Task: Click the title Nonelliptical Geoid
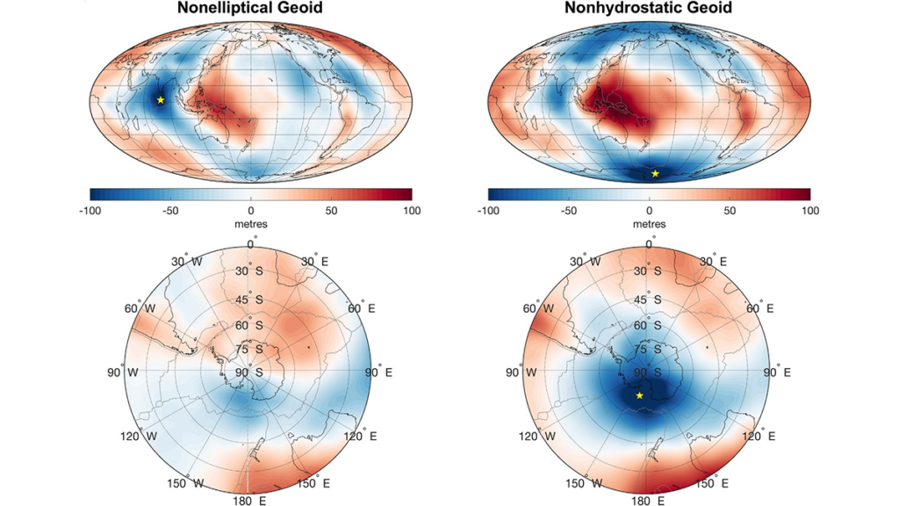[x=250, y=9]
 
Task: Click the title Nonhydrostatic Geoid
[x=649, y=9]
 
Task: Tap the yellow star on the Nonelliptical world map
[x=161, y=100]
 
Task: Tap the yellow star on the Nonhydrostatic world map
[x=655, y=174]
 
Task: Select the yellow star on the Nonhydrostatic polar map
[x=639, y=396]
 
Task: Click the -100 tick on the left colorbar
[x=90, y=211]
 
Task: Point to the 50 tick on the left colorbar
[x=332, y=211]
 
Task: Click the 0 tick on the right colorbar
[x=650, y=211]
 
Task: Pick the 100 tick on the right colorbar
[x=809, y=211]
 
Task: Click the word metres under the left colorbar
[x=251, y=224]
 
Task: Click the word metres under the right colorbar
[x=650, y=224]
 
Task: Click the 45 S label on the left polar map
[x=250, y=300]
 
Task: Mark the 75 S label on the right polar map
[x=649, y=350]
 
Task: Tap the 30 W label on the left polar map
[x=190, y=262]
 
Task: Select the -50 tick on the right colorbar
[x=567, y=211]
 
